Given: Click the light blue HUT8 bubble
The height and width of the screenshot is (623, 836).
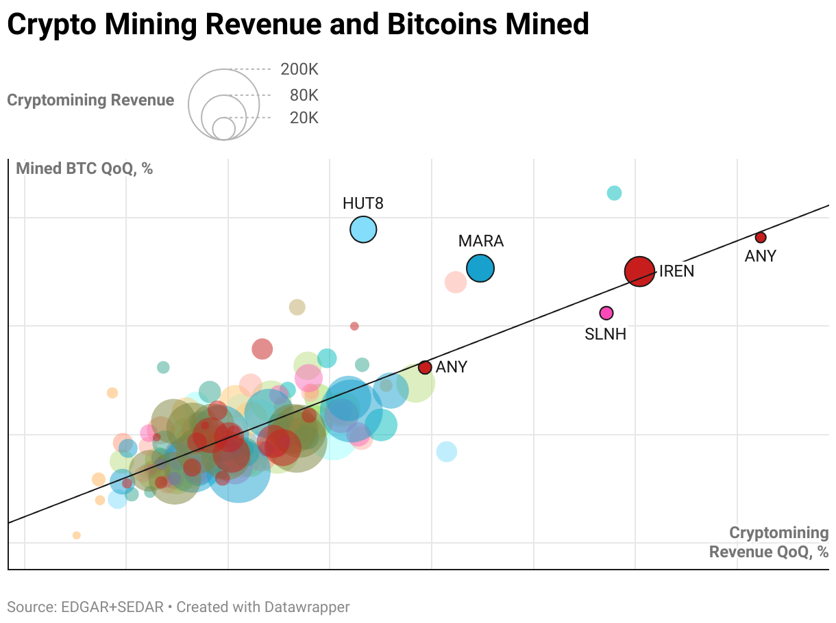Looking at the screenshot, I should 363,229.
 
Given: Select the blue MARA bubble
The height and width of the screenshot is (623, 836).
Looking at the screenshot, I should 480,268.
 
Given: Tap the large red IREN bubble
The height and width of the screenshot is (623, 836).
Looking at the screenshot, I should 639,271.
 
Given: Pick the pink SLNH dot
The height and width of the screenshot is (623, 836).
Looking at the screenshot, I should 606,313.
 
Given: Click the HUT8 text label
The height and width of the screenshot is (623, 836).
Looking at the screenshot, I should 363,203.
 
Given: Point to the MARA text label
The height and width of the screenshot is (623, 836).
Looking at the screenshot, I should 480,241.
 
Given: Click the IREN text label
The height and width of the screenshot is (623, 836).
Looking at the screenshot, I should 676,271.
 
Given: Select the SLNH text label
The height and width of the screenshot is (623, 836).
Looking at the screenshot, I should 605,335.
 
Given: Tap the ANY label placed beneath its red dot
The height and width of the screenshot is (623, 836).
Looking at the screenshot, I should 760,256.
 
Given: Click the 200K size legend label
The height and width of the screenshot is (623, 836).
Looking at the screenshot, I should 299,69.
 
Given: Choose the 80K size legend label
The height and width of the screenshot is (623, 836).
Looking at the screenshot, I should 304,95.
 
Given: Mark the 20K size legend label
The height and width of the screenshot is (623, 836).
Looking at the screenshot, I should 304,118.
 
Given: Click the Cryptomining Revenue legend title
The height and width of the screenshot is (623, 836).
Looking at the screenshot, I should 90,100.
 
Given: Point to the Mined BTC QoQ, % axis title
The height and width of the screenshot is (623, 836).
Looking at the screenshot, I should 84,168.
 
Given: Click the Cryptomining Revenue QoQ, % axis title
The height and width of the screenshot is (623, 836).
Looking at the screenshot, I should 769,542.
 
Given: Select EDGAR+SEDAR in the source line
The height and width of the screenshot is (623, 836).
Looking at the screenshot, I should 112,607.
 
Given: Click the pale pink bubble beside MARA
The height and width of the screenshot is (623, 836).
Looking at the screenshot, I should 456,281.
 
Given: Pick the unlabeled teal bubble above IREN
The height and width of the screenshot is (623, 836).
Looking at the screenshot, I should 614,193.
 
